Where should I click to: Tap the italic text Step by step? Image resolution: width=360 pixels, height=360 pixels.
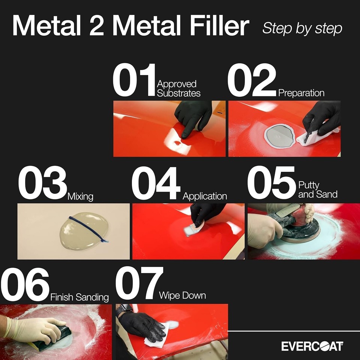click(302, 28)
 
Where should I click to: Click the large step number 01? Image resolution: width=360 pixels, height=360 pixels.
click(134, 80)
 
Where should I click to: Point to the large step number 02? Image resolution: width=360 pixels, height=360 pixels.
click(252, 80)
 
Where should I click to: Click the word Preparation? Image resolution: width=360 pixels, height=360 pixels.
click(301, 93)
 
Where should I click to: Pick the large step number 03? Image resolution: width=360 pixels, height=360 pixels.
click(42, 183)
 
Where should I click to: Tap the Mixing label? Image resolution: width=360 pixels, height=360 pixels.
click(80, 196)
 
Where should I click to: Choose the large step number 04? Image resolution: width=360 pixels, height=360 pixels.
click(156, 183)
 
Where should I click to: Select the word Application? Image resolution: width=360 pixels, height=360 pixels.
click(205, 196)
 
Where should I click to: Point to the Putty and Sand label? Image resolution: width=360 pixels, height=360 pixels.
click(318, 189)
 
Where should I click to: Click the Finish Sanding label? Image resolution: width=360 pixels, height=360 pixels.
click(79, 298)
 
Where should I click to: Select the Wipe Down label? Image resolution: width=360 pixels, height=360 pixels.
click(182, 295)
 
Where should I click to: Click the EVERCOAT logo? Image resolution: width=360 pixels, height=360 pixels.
click(312, 346)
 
